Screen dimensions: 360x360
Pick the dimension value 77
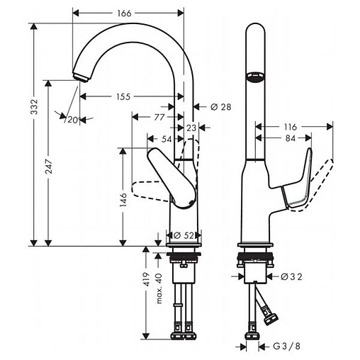tap(159, 116)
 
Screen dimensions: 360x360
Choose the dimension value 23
tap(191, 128)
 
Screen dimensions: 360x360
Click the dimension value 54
tap(166, 140)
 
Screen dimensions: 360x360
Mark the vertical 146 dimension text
tap(123, 202)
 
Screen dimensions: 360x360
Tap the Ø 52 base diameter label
tap(184, 236)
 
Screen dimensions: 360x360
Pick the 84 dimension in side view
tap(291, 138)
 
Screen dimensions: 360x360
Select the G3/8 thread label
tap(286, 346)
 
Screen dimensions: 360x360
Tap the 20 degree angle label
tap(71, 120)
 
